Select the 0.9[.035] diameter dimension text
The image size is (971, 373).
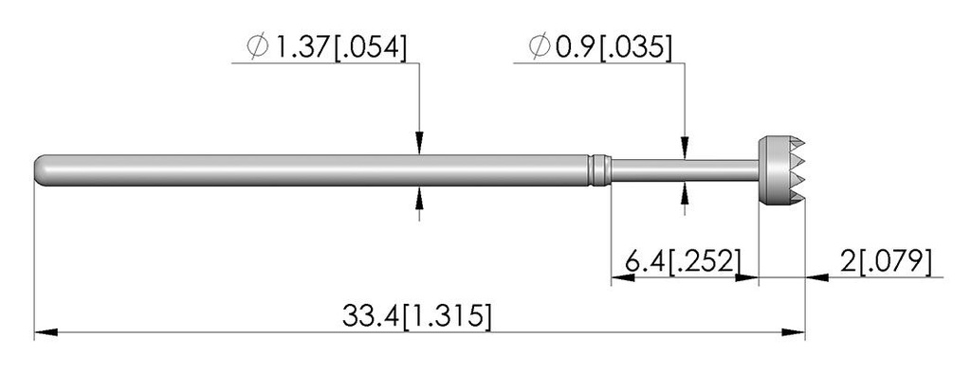pyautogui.click(x=614, y=47)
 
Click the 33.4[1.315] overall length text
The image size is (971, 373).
pyautogui.click(x=417, y=315)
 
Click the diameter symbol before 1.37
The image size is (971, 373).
pyautogui.click(x=257, y=47)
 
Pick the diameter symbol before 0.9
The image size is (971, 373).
pyautogui.click(x=540, y=47)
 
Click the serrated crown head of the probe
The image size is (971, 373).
pyautogui.click(x=781, y=170)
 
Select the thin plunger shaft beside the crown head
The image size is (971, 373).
pyautogui.click(x=685, y=170)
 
